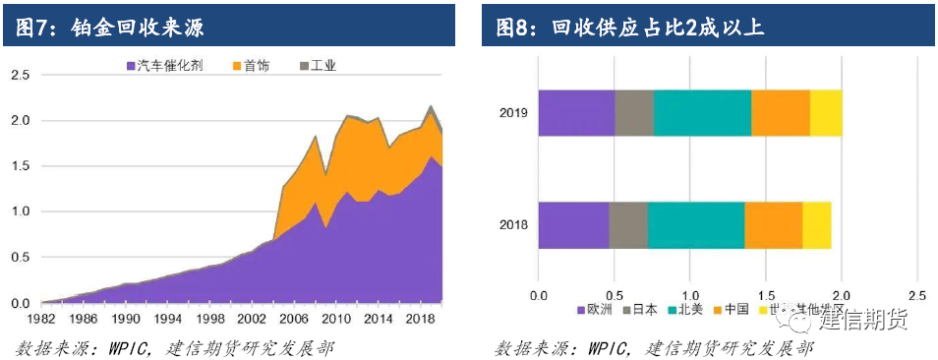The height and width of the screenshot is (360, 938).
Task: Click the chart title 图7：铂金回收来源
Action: tap(110, 27)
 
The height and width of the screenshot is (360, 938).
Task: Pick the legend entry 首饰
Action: tap(256, 66)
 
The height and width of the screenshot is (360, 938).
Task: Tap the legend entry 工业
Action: tap(318, 66)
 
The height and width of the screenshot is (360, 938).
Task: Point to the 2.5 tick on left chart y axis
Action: tap(20, 75)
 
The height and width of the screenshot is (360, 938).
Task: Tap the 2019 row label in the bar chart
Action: tap(512, 113)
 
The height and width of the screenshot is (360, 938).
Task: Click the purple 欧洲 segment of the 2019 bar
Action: tap(576, 113)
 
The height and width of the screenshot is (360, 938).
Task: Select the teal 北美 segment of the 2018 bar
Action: tap(696, 224)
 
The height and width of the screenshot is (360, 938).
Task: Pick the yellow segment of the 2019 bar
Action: tap(826, 113)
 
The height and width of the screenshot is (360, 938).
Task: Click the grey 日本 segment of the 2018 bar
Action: tap(628, 224)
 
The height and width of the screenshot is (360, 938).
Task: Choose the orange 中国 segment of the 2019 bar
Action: tap(781, 113)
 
